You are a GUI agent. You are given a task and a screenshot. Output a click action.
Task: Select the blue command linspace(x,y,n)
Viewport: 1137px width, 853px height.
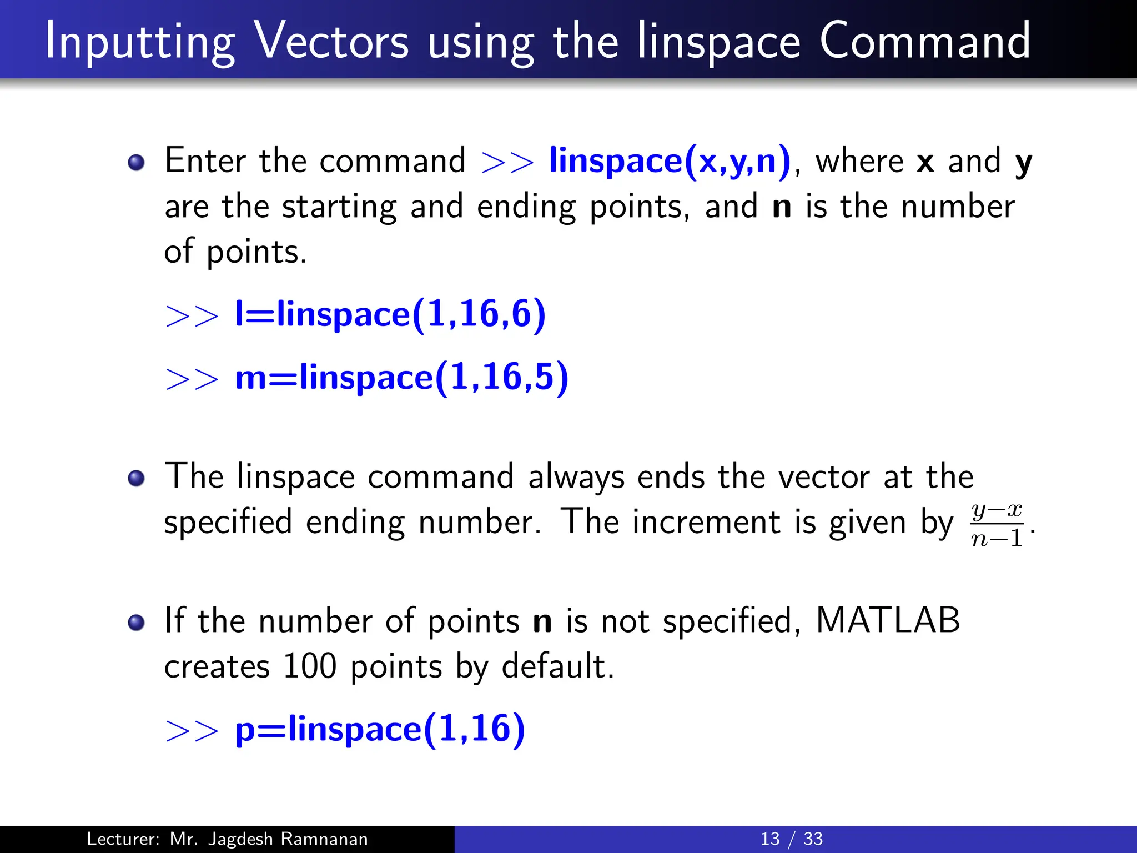[x=670, y=161]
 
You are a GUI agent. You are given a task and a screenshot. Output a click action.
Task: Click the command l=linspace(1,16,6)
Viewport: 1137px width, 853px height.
[x=390, y=314]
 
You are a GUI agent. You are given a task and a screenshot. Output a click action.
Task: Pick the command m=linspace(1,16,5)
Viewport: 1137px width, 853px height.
[x=402, y=377]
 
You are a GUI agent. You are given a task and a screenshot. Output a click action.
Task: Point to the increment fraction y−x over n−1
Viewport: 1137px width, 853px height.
[x=997, y=524]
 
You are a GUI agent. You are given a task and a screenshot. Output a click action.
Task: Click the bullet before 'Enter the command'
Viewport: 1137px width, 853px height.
[x=136, y=163]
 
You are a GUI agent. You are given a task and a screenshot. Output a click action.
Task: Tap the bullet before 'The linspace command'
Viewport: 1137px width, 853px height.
[x=136, y=478]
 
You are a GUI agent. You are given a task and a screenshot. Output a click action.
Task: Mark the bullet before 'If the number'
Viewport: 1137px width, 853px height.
[x=136, y=623]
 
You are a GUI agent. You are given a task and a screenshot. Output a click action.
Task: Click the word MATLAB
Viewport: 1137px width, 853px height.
[x=888, y=620]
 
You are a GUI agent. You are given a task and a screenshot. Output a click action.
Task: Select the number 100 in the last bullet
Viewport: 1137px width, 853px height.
[x=309, y=666]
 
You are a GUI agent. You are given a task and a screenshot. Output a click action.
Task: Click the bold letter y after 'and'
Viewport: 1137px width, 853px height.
[x=1023, y=163]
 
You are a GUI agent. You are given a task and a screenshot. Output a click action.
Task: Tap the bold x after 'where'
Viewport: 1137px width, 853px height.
[x=925, y=162]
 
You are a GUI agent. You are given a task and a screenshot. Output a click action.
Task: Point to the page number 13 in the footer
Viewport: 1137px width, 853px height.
[x=769, y=839]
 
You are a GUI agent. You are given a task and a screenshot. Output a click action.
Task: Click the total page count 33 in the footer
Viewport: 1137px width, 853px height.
[x=813, y=839]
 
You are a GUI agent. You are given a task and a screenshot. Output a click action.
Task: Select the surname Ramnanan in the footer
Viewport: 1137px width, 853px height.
[x=324, y=839]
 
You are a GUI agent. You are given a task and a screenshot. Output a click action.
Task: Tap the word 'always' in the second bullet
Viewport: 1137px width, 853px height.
[x=576, y=477]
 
